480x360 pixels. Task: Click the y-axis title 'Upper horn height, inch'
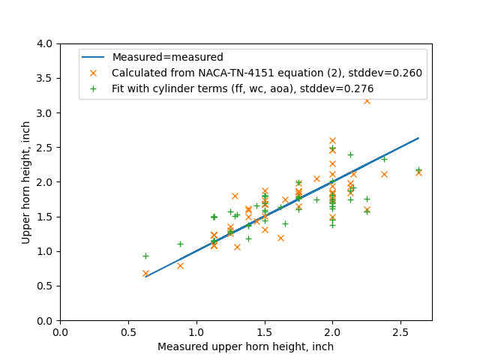[26, 182]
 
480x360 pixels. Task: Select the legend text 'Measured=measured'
[167, 57]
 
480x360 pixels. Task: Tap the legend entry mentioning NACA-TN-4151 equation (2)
[266, 73]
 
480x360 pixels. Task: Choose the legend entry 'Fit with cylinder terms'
[242, 88]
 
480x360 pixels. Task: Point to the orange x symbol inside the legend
[94, 73]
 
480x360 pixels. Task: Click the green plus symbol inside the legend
[94, 88]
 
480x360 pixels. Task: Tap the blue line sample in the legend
[94, 57]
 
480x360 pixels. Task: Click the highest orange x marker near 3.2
[367, 100]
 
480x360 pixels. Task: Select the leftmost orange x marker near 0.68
[145, 274]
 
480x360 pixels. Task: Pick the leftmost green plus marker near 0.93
[145, 256]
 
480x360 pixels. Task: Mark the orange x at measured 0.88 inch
[180, 265]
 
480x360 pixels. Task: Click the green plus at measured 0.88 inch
[180, 244]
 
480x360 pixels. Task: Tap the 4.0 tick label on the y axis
[46, 44]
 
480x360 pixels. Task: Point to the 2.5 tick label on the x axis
[400, 332]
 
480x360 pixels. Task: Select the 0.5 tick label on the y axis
[46, 286]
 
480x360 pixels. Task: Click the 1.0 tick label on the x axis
[196, 332]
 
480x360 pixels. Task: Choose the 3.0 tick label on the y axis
[46, 113]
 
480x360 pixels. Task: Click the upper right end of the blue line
[418, 138]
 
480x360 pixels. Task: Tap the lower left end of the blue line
[145, 277]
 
